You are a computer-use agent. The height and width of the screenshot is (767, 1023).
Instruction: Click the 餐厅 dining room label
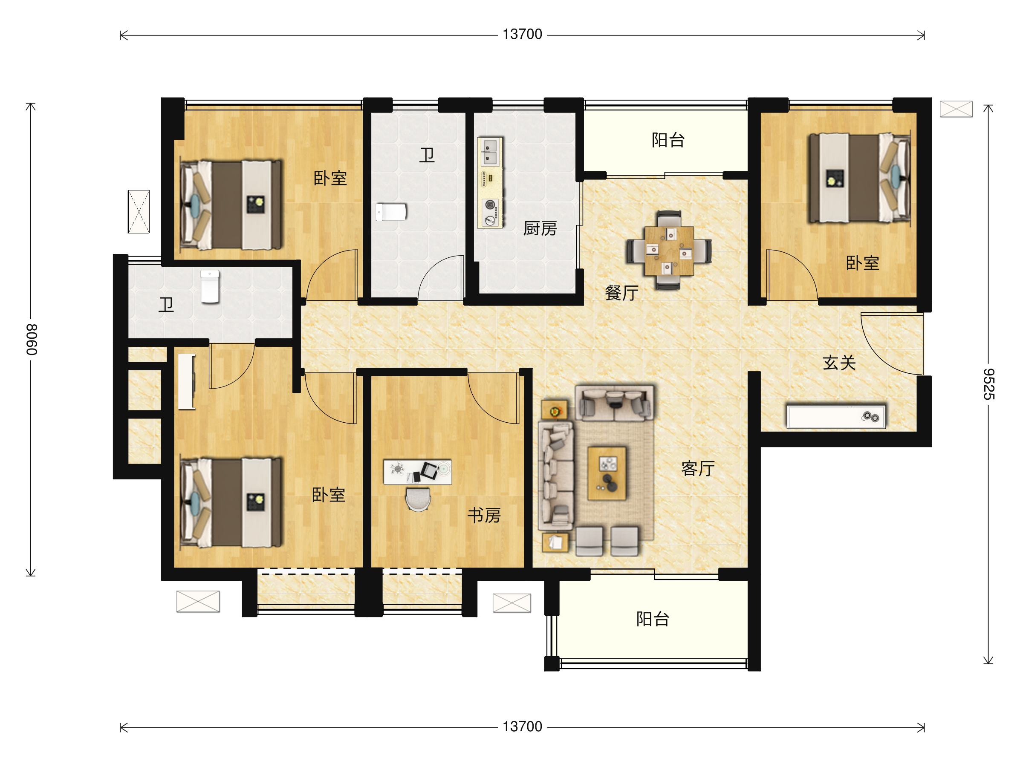[x=621, y=293]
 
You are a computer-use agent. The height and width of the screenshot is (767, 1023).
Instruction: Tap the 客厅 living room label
[x=698, y=468]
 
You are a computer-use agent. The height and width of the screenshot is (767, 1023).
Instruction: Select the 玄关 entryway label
[x=839, y=363]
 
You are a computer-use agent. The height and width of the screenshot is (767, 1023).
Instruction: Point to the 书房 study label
[x=484, y=515]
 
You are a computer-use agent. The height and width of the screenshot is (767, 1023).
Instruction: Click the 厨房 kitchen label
[x=540, y=228]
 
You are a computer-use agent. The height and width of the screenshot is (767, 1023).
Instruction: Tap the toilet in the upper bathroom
[x=391, y=212]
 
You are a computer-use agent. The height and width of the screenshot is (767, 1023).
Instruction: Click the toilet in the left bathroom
[x=210, y=287]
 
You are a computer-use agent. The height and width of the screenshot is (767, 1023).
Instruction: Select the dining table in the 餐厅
[x=669, y=251]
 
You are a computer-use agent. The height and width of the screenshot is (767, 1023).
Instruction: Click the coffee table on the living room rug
[x=607, y=473]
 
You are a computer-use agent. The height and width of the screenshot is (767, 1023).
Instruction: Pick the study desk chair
[x=418, y=500]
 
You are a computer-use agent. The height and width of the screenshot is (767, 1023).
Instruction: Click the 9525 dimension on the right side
[x=988, y=384]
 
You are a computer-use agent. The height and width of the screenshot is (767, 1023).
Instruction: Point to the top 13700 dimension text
[x=522, y=34]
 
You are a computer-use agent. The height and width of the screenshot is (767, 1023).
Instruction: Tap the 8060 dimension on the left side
[x=31, y=339]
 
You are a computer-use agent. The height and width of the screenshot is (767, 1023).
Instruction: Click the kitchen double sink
[x=490, y=151]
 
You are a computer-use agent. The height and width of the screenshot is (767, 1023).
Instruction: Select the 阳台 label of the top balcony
[x=668, y=140]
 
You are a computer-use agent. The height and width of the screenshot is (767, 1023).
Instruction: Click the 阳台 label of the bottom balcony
[x=653, y=619]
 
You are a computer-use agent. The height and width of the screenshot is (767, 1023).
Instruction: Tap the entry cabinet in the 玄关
[x=836, y=417]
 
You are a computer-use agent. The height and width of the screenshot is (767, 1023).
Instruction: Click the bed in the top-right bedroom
[x=859, y=178]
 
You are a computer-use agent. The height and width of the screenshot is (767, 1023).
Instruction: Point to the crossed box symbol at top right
[x=956, y=109]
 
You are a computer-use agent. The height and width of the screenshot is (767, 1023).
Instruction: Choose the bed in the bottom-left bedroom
[x=231, y=502]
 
